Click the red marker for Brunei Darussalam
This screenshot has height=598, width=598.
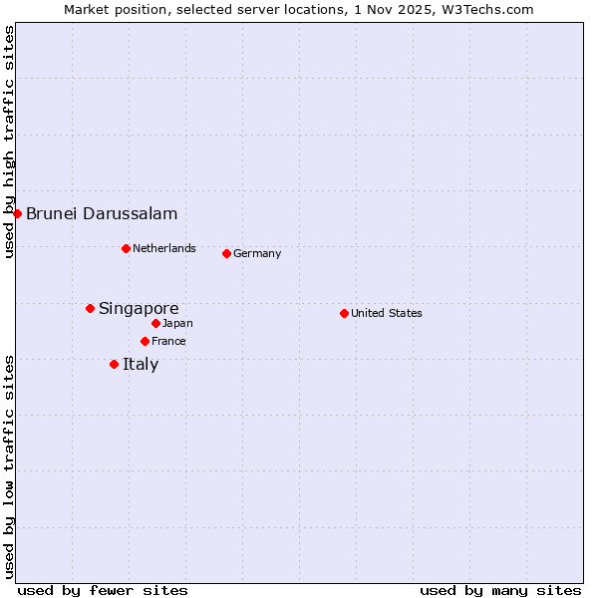point(17,213)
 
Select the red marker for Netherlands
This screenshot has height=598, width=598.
point(126,248)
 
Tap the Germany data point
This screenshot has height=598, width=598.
point(226,253)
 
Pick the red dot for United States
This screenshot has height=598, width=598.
point(344,313)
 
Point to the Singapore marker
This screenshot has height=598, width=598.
point(90,309)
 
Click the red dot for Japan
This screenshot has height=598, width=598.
point(155,323)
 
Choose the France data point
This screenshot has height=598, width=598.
point(145,341)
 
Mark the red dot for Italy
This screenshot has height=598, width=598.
point(114,364)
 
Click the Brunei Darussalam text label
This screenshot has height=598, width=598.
point(102,213)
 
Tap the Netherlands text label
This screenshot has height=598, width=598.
point(164,248)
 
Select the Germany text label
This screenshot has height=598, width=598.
point(257,253)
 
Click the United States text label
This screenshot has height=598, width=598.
point(387,313)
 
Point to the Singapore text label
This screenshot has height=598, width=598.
point(139,309)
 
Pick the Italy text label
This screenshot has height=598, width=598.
point(141,364)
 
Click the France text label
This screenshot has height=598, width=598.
point(168,341)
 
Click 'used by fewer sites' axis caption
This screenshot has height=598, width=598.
point(103,590)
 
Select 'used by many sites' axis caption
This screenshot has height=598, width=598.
point(500,590)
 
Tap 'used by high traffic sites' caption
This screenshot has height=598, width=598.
point(9,143)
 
